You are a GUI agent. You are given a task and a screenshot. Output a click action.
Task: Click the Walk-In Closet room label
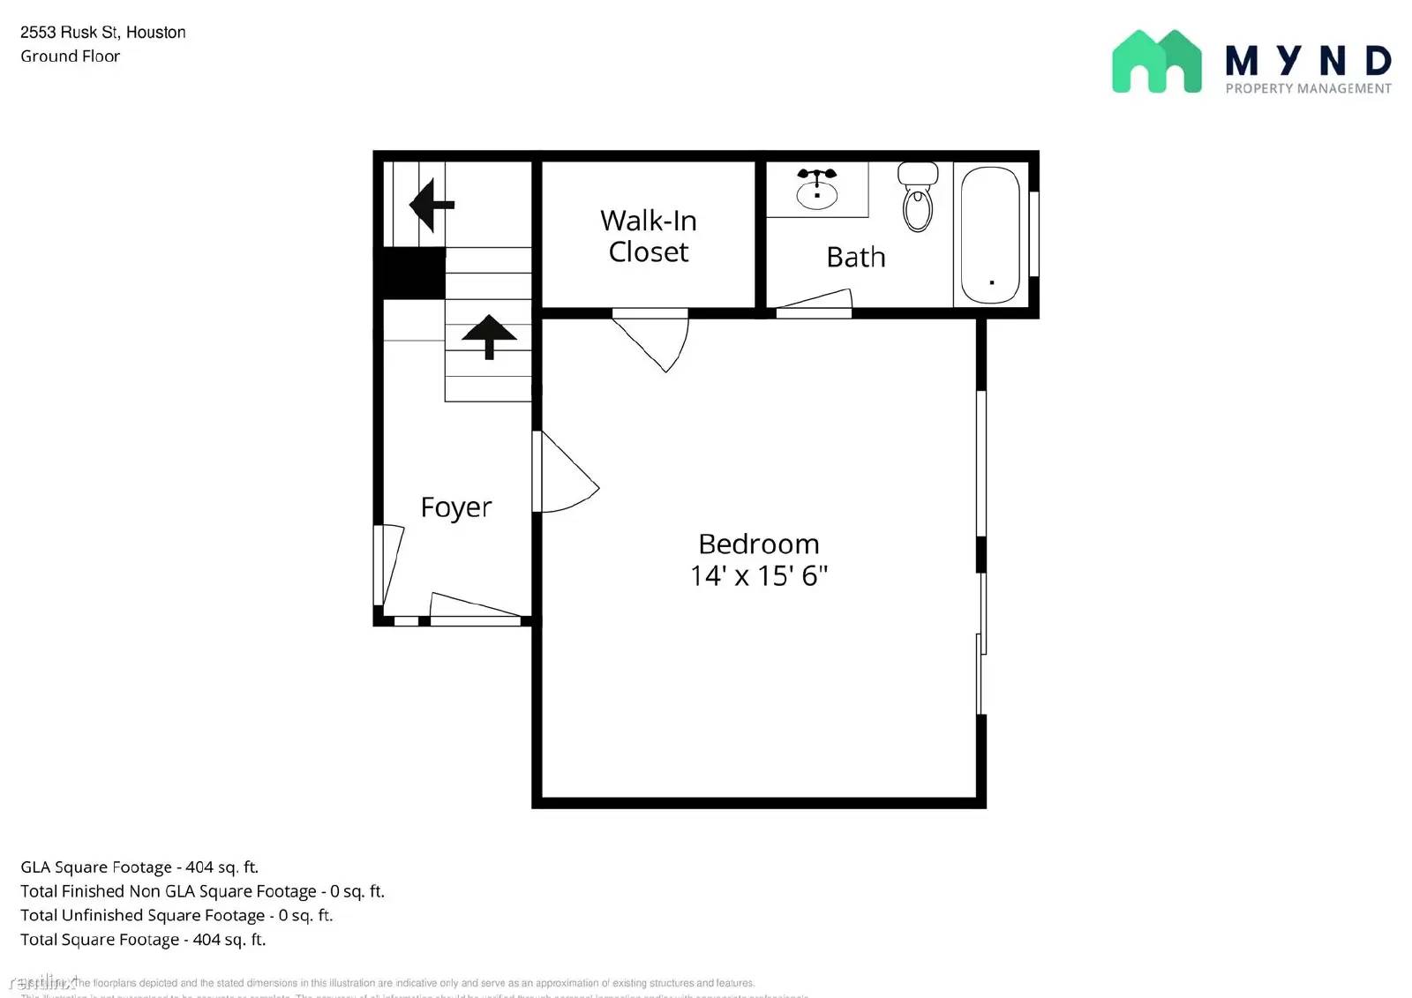[x=648, y=236]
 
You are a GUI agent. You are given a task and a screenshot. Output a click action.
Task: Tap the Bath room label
[x=855, y=257]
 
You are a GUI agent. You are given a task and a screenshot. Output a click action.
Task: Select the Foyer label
[x=455, y=507]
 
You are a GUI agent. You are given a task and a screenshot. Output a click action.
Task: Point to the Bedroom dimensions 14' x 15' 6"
[x=758, y=575]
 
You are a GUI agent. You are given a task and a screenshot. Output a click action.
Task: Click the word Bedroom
[x=758, y=544]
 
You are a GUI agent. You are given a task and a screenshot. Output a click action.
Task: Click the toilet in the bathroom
[x=918, y=196]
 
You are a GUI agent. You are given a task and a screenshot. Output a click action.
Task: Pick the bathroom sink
[x=817, y=189]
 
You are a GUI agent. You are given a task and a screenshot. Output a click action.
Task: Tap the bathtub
[x=990, y=235]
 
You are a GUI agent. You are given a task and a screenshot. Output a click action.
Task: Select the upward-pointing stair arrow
[x=489, y=337]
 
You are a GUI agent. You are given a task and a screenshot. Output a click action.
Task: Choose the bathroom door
[x=814, y=302]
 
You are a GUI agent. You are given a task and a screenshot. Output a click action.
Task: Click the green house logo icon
[x=1156, y=62]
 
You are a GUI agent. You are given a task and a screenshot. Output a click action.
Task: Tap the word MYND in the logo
[x=1308, y=60]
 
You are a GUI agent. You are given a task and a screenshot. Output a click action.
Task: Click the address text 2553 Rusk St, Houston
[x=103, y=33]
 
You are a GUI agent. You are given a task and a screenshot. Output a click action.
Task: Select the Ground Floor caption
[x=71, y=56]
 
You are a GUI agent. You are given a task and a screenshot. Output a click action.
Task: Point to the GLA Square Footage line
[x=139, y=867]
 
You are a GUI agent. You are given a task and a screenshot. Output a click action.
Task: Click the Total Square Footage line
[x=143, y=940]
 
